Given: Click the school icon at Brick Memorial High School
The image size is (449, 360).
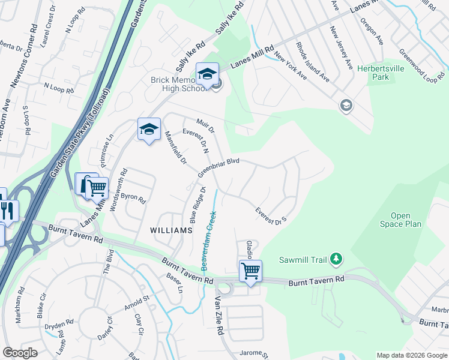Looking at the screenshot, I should pyautogui.click(x=207, y=75).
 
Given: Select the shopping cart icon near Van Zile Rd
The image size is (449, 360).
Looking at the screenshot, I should pyautogui.click(x=250, y=271).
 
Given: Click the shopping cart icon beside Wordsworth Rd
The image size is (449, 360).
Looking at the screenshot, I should pyautogui.click(x=97, y=188).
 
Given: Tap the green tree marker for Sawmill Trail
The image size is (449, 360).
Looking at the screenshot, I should pyautogui.click(x=337, y=259).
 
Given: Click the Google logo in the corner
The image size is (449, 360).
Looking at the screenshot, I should pyautogui.click(x=20, y=353).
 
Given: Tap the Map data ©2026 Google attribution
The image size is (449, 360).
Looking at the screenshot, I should pyautogui.click(x=411, y=355).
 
